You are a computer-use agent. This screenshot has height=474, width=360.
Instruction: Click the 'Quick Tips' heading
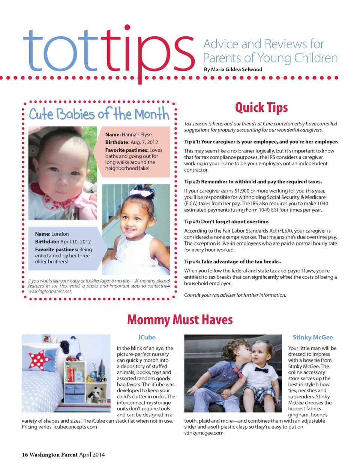pyautogui.click(x=261, y=108)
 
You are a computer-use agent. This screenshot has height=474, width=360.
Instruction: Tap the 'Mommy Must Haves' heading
pyautogui.click(x=180, y=320)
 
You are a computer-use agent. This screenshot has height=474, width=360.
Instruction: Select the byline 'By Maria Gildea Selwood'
pyautogui.click(x=233, y=69)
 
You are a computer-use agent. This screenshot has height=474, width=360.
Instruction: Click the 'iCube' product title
pyautogui.click(x=147, y=337)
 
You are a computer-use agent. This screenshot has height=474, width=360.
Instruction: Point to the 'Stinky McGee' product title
pyautogui.click(x=312, y=337)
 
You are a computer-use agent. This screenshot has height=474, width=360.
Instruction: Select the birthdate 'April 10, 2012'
pyautogui.click(x=75, y=242)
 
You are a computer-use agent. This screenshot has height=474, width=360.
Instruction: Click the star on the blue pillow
pyautogui.click(x=39, y=360)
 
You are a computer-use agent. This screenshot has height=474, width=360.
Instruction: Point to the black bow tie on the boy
pyautogui.click(x=261, y=370)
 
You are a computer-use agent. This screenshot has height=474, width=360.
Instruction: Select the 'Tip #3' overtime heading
pyautogui.click(x=226, y=221)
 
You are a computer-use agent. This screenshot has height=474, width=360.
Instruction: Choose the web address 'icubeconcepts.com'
pyautogui.click(x=75, y=427)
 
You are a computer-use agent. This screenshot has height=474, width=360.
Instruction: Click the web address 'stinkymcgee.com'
pyautogui.click(x=204, y=433)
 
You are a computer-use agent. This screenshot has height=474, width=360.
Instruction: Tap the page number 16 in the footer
pyautogui.click(x=25, y=455)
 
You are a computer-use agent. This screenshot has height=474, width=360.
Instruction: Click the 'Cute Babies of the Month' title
pyautogui.click(x=99, y=114)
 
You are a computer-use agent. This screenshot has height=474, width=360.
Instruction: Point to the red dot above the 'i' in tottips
pyautogui.click(x=127, y=27)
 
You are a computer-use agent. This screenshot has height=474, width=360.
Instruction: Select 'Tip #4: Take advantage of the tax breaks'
pyautogui.click(x=232, y=262)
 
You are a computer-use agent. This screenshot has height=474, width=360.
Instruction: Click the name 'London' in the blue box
pyautogui.click(x=60, y=234)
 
